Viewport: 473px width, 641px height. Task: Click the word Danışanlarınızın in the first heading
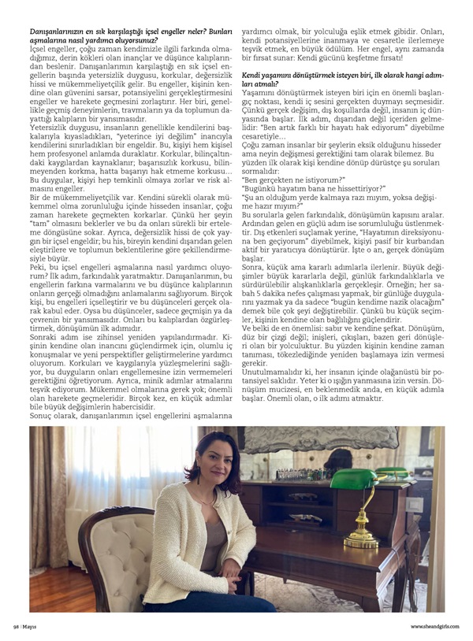coord(56,29)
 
